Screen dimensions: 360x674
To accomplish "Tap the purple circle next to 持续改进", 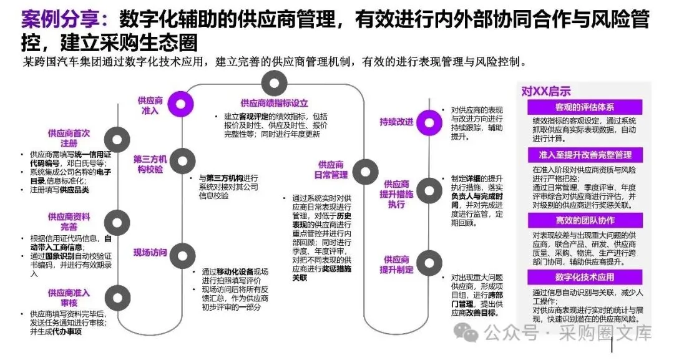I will click(429, 121).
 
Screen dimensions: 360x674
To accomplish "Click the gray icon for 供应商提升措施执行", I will click(429, 190).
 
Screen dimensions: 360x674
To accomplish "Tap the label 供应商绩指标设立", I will click(274, 103).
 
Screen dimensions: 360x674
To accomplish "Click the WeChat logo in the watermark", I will click(466, 331).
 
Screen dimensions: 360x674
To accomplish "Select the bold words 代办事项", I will click(69, 331).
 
